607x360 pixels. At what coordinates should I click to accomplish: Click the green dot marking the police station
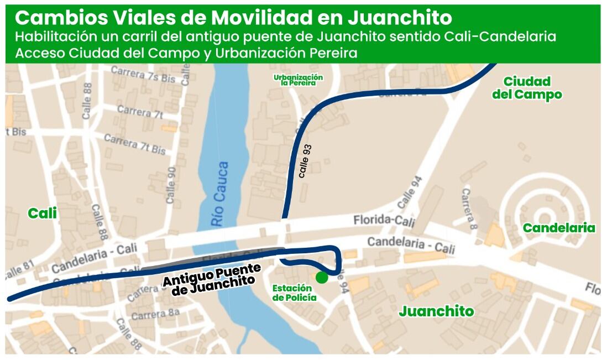(322, 277)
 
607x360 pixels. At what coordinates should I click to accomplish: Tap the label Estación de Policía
(294, 293)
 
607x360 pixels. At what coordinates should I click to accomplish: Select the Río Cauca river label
(219, 193)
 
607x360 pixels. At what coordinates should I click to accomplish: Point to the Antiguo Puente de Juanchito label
(212, 279)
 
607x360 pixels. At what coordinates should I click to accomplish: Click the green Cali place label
(43, 213)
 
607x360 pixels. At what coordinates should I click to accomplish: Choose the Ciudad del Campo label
(527, 88)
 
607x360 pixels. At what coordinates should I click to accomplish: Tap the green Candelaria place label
(559, 228)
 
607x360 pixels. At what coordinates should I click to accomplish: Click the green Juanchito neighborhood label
(436, 311)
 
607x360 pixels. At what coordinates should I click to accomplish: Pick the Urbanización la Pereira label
(298, 80)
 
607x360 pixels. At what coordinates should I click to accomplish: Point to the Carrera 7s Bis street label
(143, 74)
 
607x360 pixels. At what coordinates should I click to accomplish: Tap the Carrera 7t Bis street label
(135, 144)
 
